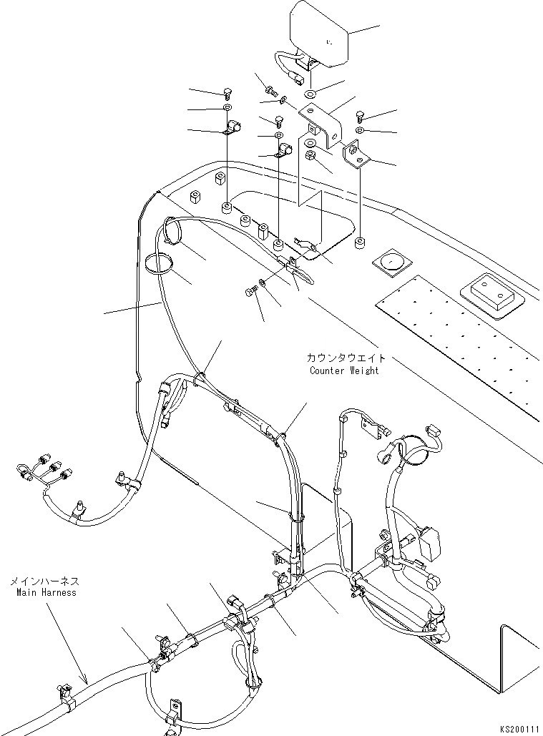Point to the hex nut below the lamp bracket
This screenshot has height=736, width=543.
pyautogui.click(x=310, y=154)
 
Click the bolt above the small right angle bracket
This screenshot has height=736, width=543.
pyautogui.click(x=360, y=114)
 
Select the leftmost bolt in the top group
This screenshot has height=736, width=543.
pyautogui.click(x=227, y=92)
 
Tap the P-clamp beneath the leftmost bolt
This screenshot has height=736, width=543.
pyautogui.click(x=230, y=129)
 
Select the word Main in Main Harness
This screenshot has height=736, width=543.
pyautogui.click(x=26, y=592)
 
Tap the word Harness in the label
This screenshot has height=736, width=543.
pyautogui.click(x=59, y=592)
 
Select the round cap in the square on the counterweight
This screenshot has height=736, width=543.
pyautogui.click(x=391, y=262)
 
